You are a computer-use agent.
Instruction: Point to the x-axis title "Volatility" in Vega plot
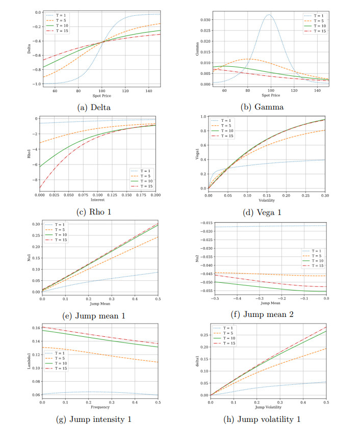(x=268, y=200)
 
